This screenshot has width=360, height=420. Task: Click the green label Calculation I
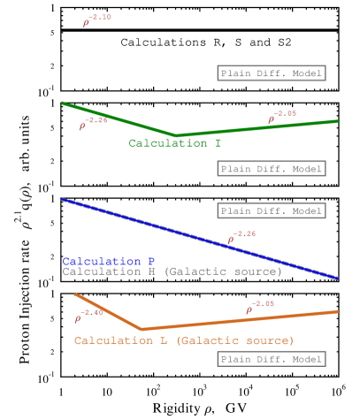coord(174,143)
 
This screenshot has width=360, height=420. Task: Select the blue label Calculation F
coord(109,262)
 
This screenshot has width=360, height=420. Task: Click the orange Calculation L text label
coord(184,340)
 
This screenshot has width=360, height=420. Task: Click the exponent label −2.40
coord(89,316)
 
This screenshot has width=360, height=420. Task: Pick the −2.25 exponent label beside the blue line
coord(242,236)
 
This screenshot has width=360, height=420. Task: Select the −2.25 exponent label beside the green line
coord(94,123)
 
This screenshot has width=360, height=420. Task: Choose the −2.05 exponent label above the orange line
coord(260,307)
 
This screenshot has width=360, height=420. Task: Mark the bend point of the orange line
coord(142,329)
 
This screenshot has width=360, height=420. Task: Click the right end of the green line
coord(338,121)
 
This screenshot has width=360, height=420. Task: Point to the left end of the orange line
coord(75,294)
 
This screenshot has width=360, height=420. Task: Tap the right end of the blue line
coord(338,279)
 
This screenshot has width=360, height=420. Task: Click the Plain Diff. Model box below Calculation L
coord(272,359)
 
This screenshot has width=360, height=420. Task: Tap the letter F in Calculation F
coord(152,262)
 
